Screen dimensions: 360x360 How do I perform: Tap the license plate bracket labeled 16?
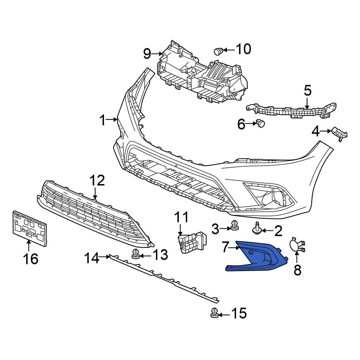click(x=30, y=229)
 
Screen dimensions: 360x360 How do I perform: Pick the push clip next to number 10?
click(x=218, y=51)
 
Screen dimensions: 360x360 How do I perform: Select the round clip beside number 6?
click(x=260, y=123)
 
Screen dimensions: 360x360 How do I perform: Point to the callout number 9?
click(x=147, y=54)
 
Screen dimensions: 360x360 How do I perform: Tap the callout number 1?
click(x=102, y=120)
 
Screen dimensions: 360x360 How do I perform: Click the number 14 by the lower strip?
click(x=91, y=257)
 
